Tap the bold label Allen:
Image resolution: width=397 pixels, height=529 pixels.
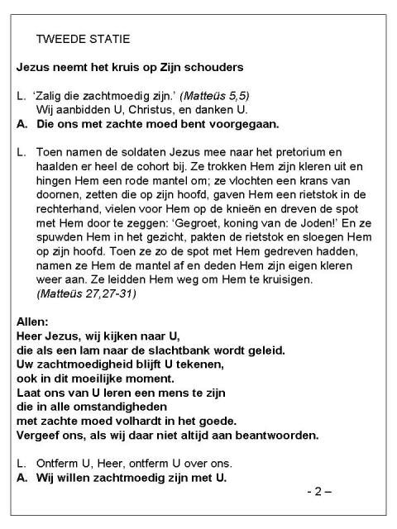pos(34,321)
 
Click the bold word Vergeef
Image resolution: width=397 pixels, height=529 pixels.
pos(41,434)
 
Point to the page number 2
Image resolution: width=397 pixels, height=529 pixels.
pos(315,492)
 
